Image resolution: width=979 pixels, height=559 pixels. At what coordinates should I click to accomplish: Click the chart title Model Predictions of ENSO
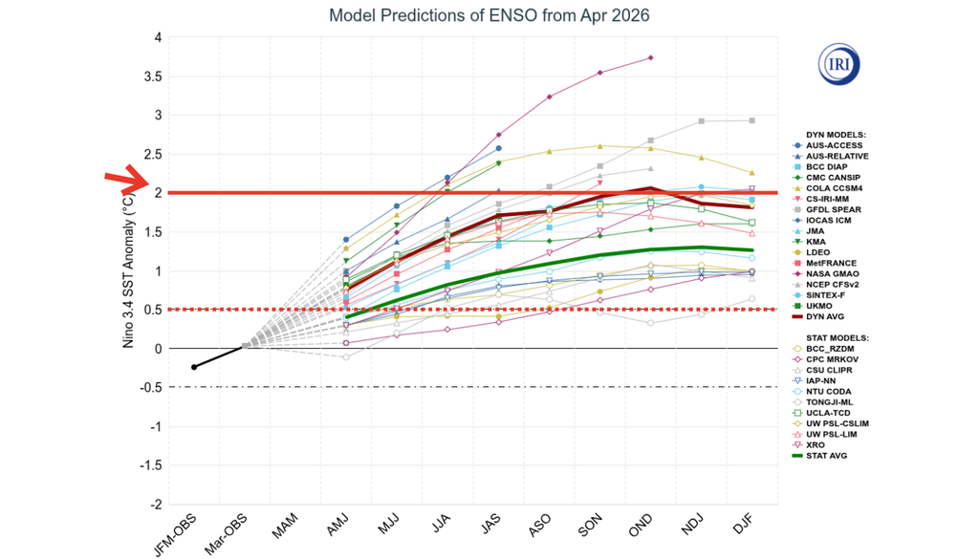(x=489, y=16)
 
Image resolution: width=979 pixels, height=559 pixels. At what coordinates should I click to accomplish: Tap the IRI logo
(x=839, y=64)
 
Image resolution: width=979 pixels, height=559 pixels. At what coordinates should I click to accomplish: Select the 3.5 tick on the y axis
(x=155, y=76)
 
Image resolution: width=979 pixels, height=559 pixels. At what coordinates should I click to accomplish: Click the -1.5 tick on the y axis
(x=150, y=465)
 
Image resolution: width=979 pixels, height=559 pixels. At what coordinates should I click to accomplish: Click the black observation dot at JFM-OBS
(x=194, y=367)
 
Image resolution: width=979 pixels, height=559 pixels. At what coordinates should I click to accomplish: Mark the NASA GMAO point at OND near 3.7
(x=650, y=58)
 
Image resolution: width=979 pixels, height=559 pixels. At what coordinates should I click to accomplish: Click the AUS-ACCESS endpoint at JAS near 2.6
(x=498, y=148)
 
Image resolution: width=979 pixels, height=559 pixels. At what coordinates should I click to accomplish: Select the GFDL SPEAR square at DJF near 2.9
(x=751, y=120)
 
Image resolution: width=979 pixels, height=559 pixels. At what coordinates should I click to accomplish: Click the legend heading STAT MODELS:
(x=837, y=337)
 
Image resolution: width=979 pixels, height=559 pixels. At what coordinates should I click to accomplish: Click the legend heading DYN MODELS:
(x=836, y=134)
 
